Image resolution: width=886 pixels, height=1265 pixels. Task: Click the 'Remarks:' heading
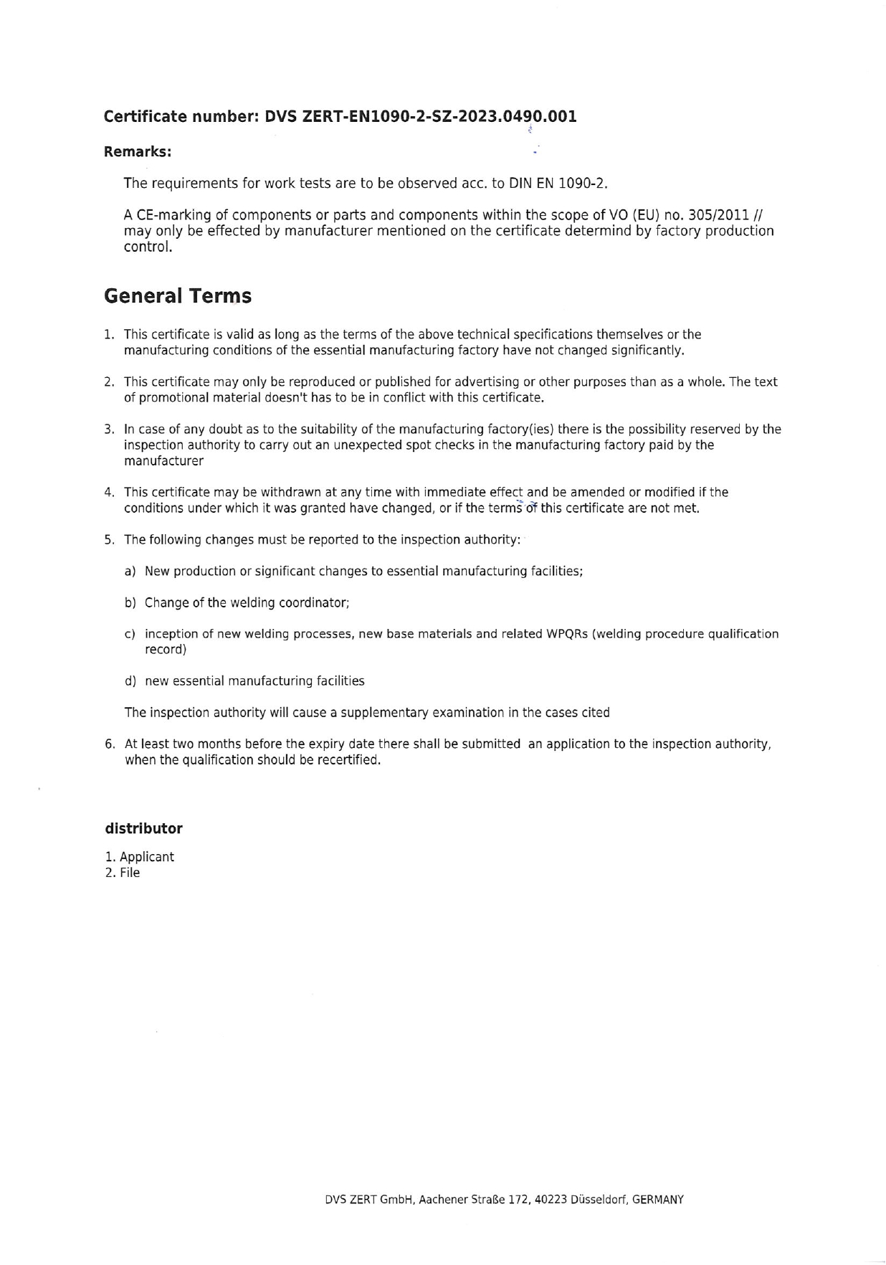click(x=138, y=152)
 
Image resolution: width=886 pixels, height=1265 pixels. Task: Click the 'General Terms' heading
click(x=178, y=295)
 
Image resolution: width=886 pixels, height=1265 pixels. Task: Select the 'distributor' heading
click(x=143, y=828)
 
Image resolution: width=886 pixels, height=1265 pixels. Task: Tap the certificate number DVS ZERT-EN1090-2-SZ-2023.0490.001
click(x=421, y=116)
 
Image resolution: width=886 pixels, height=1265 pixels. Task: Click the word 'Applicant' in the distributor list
click(x=147, y=857)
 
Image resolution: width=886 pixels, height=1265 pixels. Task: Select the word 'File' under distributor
click(x=130, y=873)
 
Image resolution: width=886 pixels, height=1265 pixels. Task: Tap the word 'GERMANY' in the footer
click(x=658, y=1200)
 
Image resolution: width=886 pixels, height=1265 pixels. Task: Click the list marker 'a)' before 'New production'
click(x=130, y=572)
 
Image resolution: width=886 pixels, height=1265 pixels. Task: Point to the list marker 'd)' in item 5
click(x=130, y=681)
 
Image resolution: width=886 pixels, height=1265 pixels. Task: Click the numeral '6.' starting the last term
click(x=110, y=744)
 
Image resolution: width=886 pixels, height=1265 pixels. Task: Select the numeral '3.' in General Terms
click(x=109, y=430)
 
